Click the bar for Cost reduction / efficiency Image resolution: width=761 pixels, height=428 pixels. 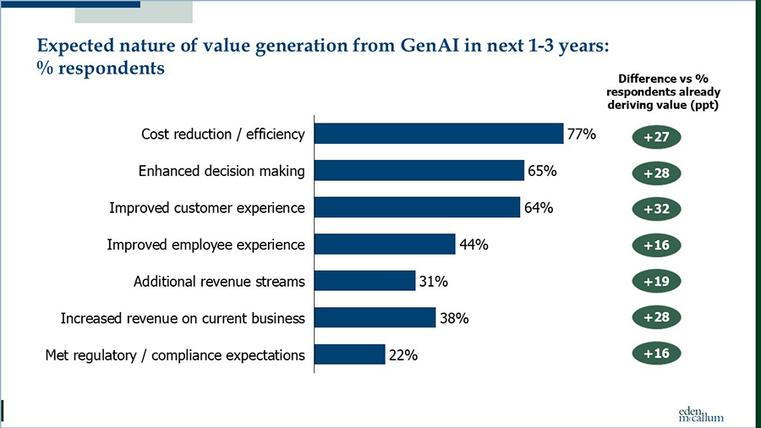[438, 134]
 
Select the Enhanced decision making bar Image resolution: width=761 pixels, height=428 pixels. [419, 171]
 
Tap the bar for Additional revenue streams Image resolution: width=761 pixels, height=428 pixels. [364, 281]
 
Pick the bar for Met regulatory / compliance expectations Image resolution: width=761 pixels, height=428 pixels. [349, 354]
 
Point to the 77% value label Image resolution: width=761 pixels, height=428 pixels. [582, 134]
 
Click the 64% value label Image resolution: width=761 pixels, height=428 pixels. [539, 208]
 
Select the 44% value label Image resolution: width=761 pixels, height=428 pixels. [474, 244]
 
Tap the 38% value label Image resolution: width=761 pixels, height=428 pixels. [454, 318]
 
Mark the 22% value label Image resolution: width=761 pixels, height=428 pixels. [403, 355]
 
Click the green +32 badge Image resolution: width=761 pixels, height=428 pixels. [656, 209]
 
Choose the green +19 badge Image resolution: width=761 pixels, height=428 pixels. [656, 281]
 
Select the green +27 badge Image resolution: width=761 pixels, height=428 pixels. [656, 137]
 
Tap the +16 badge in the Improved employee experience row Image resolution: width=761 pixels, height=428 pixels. [656, 245]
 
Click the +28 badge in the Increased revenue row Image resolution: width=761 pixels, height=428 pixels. [656, 317]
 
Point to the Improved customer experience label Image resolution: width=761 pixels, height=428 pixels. [207, 208]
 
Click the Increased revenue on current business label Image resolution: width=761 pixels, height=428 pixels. [183, 318]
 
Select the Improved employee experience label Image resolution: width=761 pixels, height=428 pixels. [205, 244]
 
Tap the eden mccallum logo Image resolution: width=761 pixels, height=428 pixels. [701, 412]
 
